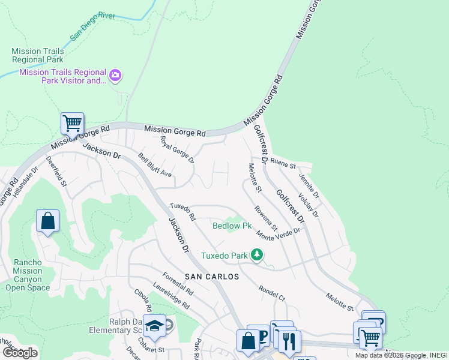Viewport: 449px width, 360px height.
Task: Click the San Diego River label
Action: coord(95,27)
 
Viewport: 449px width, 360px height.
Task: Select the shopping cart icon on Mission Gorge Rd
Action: coord(72,124)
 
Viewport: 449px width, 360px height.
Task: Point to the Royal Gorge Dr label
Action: coord(178,150)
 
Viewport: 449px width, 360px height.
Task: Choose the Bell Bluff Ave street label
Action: coord(155,165)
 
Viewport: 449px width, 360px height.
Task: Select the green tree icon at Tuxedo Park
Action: coord(257,255)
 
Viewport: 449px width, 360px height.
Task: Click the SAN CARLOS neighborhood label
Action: coord(211,277)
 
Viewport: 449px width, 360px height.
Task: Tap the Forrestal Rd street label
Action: coord(178,283)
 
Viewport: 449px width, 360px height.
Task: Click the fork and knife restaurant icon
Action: coord(289,341)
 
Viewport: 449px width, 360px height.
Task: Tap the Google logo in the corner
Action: coord(20,353)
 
